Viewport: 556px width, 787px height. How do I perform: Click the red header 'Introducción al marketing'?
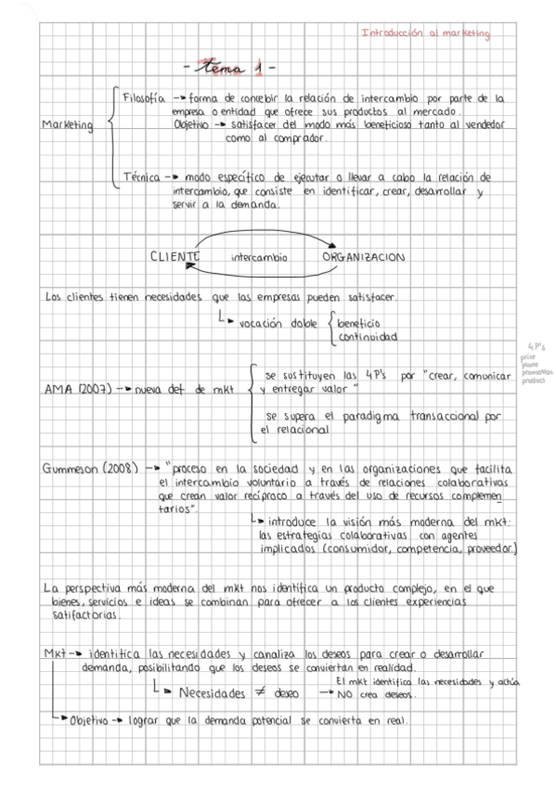[x=425, y=32]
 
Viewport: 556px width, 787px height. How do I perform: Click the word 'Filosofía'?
[x=144, y=97]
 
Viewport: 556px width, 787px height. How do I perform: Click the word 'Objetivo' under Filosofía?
[x=192, y=124]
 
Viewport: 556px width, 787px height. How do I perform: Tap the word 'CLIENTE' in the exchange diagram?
[x=174, y=256]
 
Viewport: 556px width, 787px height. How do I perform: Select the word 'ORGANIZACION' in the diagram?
[x=365, y=256]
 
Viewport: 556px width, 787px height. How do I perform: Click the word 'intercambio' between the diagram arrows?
[x=259, y=257]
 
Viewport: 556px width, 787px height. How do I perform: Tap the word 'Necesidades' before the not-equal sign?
[x=213, y=693]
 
